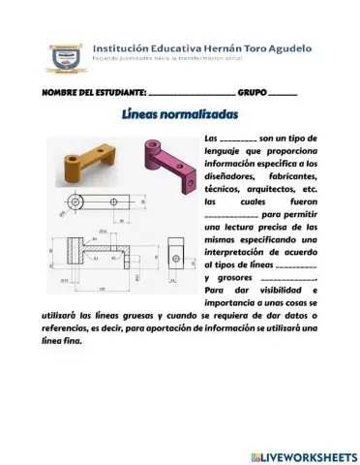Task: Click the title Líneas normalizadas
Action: (180, 114)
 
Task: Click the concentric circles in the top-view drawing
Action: (75, 202)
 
